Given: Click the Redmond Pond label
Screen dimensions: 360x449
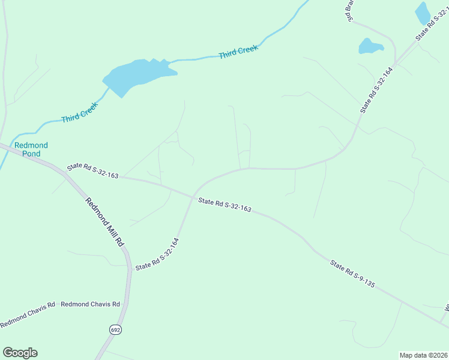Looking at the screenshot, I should [x=31, y=149].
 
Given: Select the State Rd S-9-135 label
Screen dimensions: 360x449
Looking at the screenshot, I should [x=352, y=274].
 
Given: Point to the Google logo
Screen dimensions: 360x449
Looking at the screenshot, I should [x=20, y=353].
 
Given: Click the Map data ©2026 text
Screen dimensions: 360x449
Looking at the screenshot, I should [x=423, y=355].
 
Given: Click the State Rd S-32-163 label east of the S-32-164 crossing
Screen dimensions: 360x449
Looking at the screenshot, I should [x=224, y=205].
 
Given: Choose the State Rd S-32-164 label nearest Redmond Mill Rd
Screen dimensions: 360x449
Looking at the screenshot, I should [x=157, y=254].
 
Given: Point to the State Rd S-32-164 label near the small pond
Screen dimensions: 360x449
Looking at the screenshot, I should [x=376, y=91].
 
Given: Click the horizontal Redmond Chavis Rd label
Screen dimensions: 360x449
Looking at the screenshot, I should [x=91, y=304].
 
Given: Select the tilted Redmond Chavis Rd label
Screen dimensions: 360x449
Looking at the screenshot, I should [x=27, y=314].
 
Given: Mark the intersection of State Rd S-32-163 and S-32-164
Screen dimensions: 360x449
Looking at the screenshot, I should [x=192, y=197].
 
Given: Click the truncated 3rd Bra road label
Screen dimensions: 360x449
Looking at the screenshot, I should [x=350, y=11].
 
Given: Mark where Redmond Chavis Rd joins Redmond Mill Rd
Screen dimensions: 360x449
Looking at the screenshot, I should [x=127, y=304].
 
